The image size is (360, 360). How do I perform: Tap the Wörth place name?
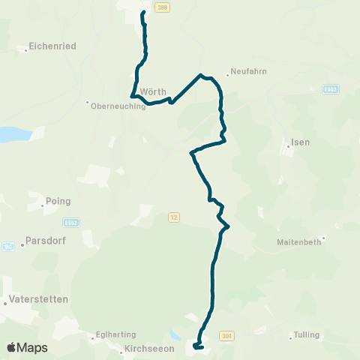pyautogui.click(x=153, y=91)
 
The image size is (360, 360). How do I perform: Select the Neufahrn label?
pyautogui.click(x=250, y=71)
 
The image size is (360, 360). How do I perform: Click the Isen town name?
pyautogui.click(x=300, y=142)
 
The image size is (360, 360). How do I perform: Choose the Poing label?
pyautogui.click(x=58, y=201)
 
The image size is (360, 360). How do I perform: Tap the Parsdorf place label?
pyautogui.click(x=48, y=241)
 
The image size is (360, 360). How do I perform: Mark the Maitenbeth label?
pyautogui.click(x=299, y=241)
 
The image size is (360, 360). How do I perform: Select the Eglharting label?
pyautogui.click(x=113, y=335)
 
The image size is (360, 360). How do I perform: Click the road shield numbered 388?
pyautogui.click(x=163, y=7)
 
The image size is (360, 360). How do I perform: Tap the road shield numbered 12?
pyautogui.click(x=174, y=217)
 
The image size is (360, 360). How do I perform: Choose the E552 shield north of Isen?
pyautogui.click(x=331, y=89)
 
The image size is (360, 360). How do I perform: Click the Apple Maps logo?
pyautogui.click(x=26, y=347)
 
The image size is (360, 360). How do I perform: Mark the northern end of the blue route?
pyautogui.click(x=142, y=13)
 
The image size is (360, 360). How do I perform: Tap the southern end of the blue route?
pyautogui.click(x=194, y=346)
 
